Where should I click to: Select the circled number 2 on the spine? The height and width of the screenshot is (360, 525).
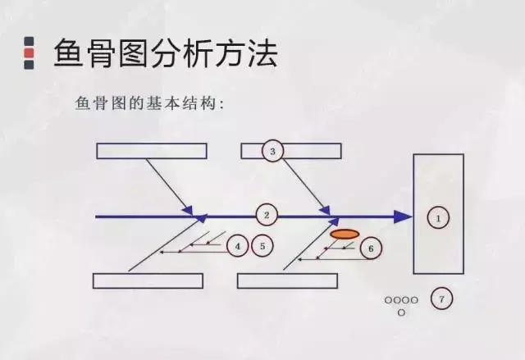tap(266, 216)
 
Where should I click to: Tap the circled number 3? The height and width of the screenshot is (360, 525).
tap(272, 151)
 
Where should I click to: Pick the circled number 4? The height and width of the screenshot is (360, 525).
tap(238, 245)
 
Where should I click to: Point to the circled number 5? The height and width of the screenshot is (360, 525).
tap(262, 245)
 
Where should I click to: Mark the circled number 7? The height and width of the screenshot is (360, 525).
tap(441, 300)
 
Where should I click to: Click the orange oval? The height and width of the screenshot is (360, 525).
tap(345, 235)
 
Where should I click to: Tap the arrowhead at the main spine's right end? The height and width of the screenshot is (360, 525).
tap(402, 216)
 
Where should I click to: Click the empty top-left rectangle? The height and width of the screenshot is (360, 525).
tap(152, 151)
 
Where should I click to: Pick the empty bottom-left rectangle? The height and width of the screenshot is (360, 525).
tap(148, 280)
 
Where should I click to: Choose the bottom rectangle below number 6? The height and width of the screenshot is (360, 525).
tap(287, 280)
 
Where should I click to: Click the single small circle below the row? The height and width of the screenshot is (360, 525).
tap(401, 312)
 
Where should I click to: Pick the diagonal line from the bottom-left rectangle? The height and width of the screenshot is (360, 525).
tap(164, 246)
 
